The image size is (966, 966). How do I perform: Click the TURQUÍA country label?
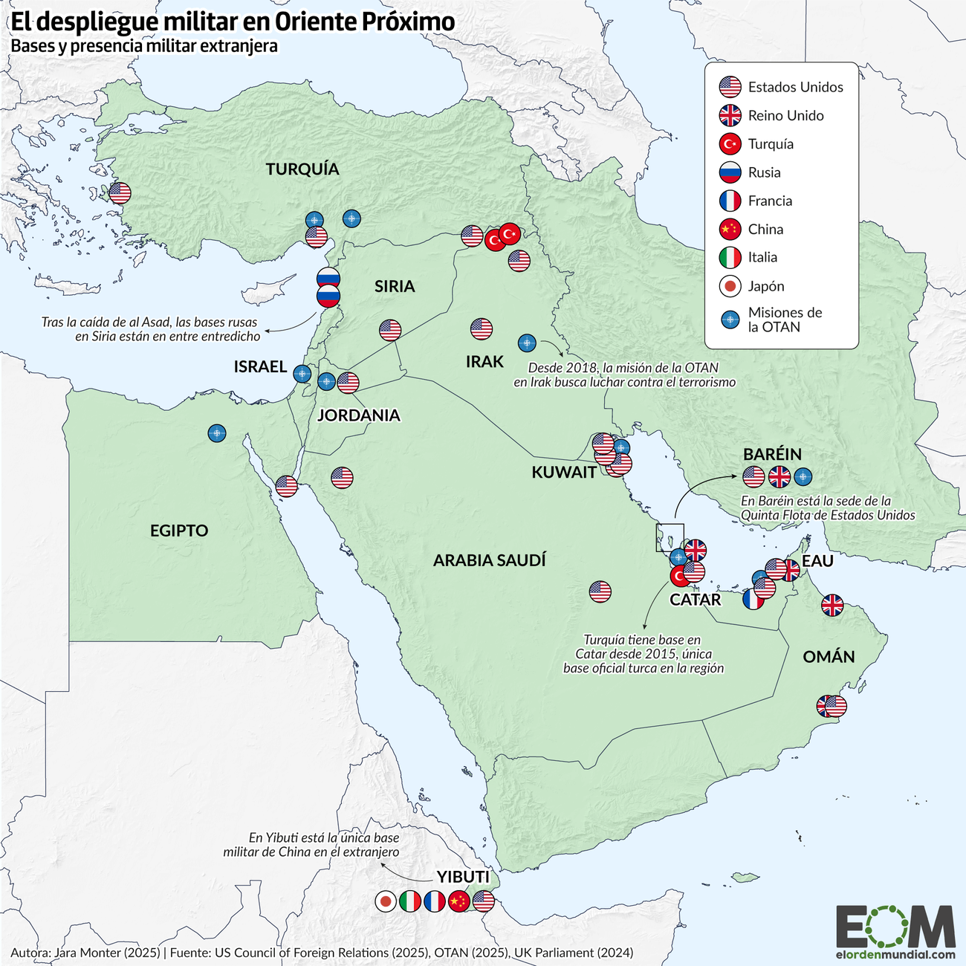302,169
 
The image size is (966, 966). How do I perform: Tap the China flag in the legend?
730,229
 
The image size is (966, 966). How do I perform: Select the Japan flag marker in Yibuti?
386,901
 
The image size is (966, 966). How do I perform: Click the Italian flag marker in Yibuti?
410,901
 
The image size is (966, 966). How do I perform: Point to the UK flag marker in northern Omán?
832,606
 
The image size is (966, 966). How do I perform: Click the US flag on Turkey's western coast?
120,193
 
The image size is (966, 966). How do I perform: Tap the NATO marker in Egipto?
217,433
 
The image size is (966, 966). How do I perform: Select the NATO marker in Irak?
527,343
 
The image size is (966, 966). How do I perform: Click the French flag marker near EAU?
752,600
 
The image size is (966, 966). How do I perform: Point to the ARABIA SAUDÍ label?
489,560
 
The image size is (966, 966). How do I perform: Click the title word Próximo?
409,22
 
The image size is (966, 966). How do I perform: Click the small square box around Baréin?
670,537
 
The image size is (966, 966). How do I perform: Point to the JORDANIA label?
358,415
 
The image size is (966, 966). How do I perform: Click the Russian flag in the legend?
730,172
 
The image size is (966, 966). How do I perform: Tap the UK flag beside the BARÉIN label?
779,476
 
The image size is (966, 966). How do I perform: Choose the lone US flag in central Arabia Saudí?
600,591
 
